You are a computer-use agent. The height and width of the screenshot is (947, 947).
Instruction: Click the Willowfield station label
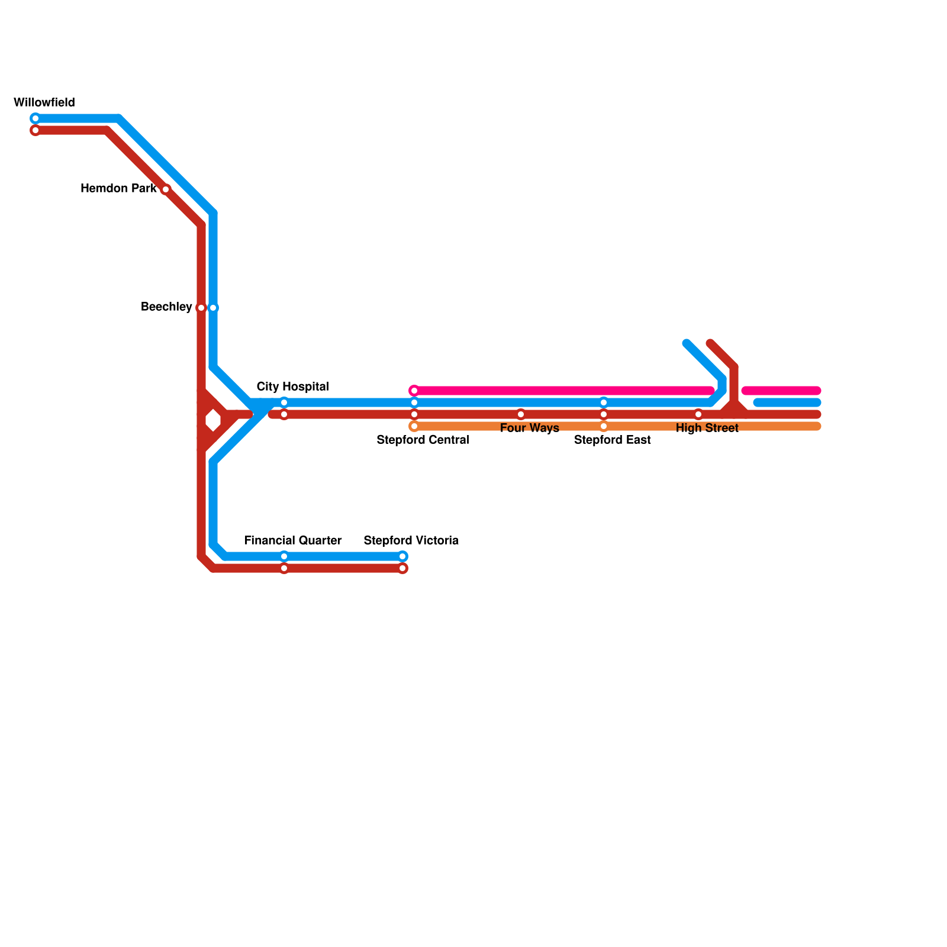[x=44, y=102]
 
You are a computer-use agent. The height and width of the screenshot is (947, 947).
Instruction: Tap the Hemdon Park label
[x=118, y=189]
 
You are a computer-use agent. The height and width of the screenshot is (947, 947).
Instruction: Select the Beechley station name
[x=166, y=307]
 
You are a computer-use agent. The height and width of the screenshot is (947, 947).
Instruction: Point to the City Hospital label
[x=292, y=386]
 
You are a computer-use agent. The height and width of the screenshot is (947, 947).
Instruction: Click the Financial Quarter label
[x=293, y=540]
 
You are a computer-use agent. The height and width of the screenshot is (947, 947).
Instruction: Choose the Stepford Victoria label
[x=411, y=540]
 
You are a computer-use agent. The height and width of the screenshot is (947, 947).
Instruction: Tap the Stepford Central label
[x=423, y=440]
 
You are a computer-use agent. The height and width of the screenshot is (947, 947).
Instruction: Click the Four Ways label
[x=529, y=428]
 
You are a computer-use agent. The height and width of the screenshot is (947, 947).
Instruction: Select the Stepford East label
[x=612, y=440]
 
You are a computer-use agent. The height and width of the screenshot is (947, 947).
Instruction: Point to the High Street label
[x=707, y=428]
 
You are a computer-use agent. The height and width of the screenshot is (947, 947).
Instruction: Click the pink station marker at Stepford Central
[x=414, y=391]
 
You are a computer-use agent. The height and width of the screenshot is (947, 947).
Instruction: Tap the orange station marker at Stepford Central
[x=414, y=426]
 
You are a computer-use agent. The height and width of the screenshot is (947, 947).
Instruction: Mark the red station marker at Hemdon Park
[x=166, y=189]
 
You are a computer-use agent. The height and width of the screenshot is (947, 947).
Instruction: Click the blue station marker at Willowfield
[x=36, y=118]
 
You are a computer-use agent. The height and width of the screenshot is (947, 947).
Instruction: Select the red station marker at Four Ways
[x=521, y=414]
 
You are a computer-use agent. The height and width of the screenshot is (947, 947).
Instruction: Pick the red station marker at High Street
[x=698, y=414]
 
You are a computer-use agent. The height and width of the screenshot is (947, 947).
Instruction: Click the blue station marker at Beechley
[x=213, y=308]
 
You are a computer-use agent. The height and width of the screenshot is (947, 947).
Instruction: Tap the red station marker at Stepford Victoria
[x=402, y=568]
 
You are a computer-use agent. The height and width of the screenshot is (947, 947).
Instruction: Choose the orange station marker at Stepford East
[x=604, y=426]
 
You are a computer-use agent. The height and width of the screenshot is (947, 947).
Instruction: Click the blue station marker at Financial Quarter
[x=284, y=556]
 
